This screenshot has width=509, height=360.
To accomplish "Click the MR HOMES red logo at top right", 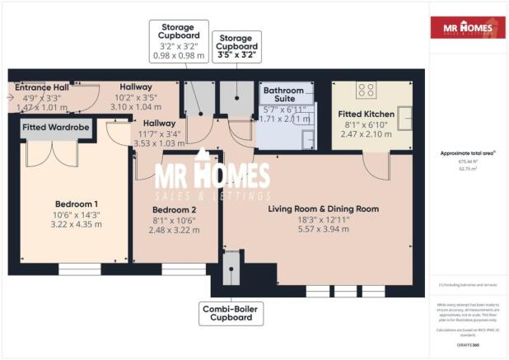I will (468, 27).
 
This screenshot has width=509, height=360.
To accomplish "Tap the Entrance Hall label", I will (41, 86).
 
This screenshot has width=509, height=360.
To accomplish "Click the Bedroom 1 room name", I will (77, 203).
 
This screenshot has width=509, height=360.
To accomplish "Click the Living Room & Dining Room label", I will (318, 208).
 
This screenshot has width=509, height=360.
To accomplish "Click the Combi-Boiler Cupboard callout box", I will (231, 313).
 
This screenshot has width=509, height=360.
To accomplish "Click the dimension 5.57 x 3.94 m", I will (318, 231).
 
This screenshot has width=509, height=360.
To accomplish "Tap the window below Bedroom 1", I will (79, 269).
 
